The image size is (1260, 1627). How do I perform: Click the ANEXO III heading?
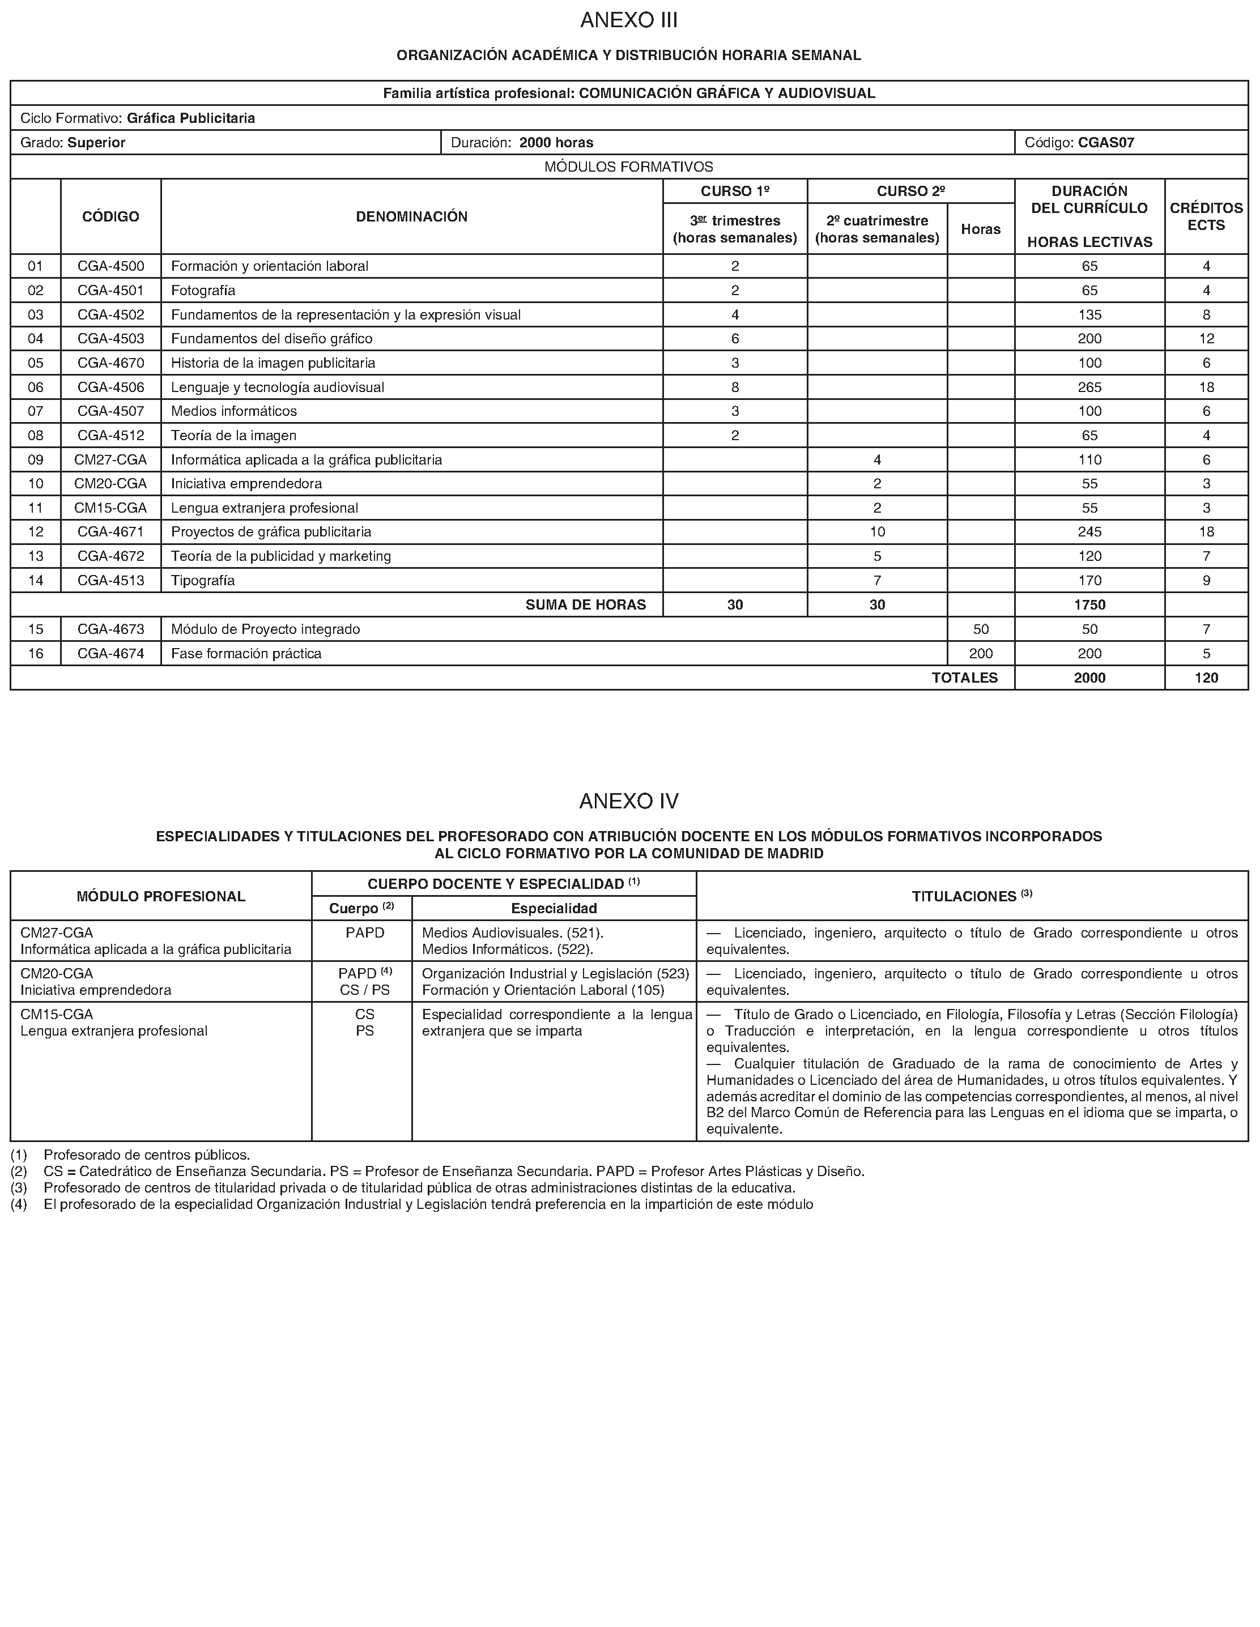629,20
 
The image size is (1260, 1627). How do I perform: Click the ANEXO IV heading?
629,801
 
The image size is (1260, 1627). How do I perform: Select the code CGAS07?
1106,142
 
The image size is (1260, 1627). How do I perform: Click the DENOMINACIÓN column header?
411,217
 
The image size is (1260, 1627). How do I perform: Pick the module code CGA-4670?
111,363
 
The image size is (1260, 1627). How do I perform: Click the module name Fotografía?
203,291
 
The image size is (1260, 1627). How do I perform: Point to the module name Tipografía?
203,580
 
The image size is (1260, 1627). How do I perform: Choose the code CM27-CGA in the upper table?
110,459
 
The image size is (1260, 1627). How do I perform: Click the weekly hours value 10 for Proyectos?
877,532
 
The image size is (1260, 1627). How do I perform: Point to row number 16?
36,653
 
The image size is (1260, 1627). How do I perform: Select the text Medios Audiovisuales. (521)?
513,932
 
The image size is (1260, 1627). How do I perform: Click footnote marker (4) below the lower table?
19,1204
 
